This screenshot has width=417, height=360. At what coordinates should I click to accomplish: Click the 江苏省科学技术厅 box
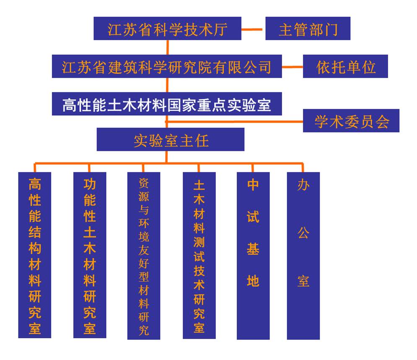(167, 28)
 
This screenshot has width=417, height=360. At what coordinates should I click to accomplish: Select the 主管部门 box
(308, 28)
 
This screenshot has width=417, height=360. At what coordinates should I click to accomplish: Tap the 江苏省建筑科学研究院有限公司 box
(167, 66)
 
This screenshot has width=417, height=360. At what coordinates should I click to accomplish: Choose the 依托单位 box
(345, 66)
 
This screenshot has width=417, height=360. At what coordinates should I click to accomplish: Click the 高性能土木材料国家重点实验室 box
(167, 104)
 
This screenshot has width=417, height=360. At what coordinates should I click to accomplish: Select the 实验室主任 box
(171, 140)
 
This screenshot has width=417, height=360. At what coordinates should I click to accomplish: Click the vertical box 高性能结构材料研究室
(35, 255)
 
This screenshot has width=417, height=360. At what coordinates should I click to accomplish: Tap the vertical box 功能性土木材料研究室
(90, 255)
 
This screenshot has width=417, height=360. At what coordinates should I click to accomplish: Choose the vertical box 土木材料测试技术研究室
(199, 255)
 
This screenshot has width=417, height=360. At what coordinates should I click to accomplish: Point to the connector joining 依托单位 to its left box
(293, 67)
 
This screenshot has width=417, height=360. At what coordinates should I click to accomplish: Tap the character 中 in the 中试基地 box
(253, 185)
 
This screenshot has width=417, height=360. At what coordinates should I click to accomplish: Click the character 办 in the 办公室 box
(303, 185)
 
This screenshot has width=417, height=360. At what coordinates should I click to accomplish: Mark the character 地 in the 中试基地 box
(253, 281)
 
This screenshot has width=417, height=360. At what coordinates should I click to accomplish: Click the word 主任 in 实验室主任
(194, 140)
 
